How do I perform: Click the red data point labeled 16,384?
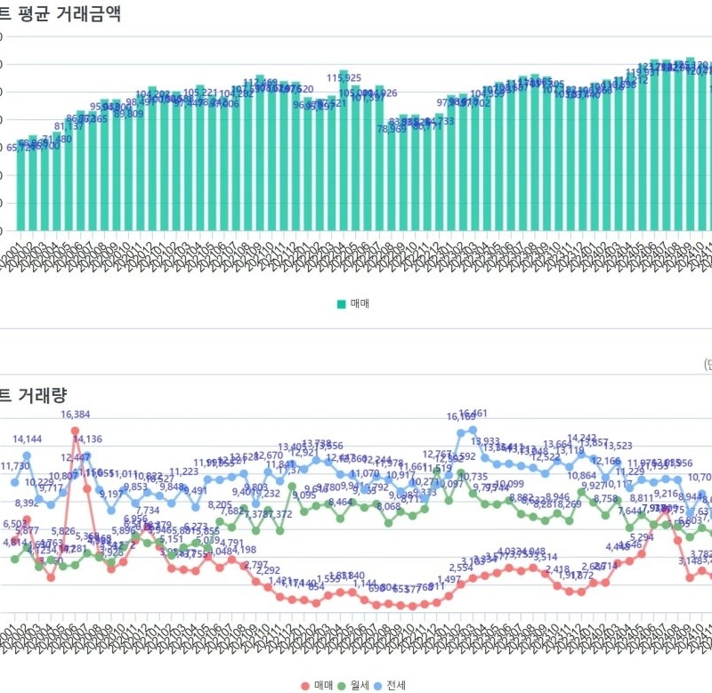coord(75,430)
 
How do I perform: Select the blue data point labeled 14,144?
coord(27,455)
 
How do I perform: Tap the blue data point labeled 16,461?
coord(473,431)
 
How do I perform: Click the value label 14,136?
coord(87,439)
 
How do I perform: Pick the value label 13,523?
coord(617,447)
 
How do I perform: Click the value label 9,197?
coord(111,495)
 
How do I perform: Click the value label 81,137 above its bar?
coord(69,126)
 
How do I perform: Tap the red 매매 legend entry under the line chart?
coord(317,684)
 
